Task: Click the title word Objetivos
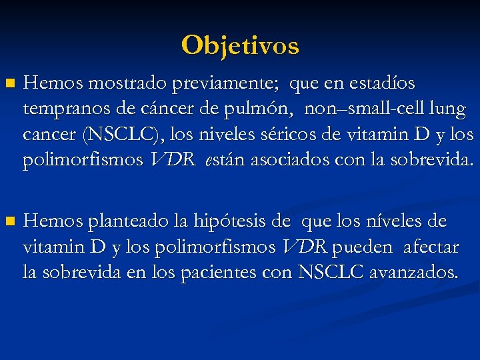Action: pyautogui.click(x=240, y=45)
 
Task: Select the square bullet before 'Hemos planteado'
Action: pyautogui.click(x=9, y=221)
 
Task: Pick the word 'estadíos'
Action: pyautogui.click(x=379, y=84)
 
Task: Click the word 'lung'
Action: pyautogui.click(x=448, y=109)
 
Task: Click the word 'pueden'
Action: pyautogui.click(x=361, y=247)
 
